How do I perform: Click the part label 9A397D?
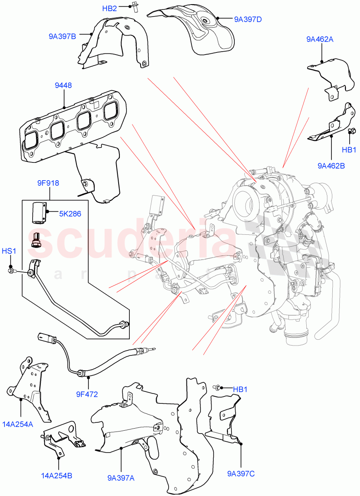point(248,19)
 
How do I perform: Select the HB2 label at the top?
point(110,8)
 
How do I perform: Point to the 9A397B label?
point(62,36)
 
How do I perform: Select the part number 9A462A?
point(320,39)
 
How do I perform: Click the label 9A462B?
point(331,166)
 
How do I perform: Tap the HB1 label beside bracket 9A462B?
point(349,150)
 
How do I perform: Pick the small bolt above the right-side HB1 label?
point(352,131)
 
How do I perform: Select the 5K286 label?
point(69,214)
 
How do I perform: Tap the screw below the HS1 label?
point(11,271)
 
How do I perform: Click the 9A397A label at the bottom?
point(121,478)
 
